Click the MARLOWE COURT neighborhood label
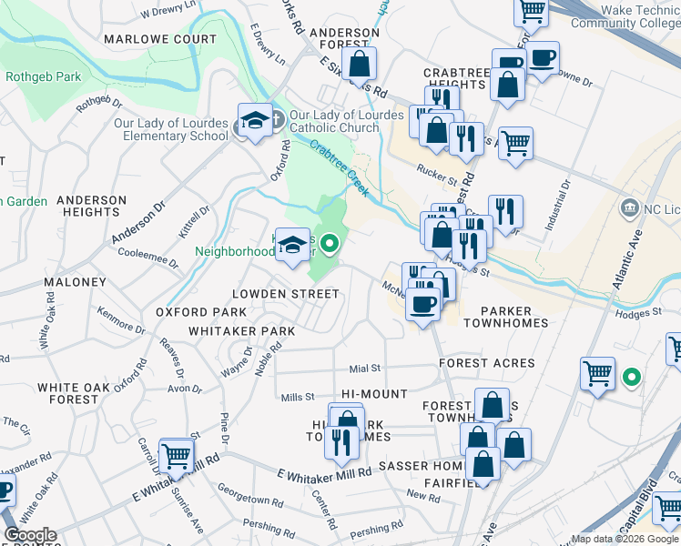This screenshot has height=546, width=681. tap(160, 39)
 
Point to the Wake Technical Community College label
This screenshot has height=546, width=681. tap(626, 16)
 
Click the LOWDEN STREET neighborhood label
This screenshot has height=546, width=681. tap(285, 294)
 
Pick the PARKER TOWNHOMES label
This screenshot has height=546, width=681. tap(506, 316)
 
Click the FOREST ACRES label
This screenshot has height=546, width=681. tap(486, 361)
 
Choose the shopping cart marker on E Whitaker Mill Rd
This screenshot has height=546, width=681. tap(176, 455)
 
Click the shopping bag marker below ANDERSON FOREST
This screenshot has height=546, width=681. tap(360, 64)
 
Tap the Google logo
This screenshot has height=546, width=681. tap(29, 535)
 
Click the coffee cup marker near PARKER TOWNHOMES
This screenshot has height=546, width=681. tap(422, 303)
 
